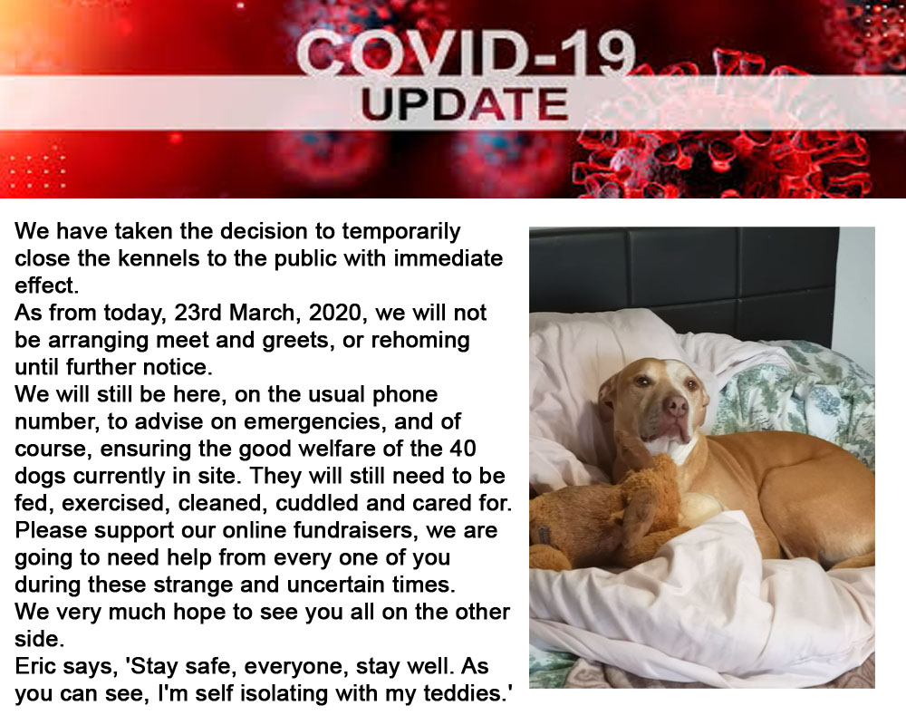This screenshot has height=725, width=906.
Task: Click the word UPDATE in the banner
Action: click(x=465, y=104)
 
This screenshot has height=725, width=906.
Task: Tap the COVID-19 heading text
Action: click(x=466, y=54)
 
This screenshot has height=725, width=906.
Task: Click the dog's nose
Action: click(x=675, y=406)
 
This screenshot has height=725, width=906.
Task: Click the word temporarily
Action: click(x=401, y=232)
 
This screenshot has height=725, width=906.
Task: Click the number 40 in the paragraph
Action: click(x=462, y=449)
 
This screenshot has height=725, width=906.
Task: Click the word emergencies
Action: click(x=313, y=422)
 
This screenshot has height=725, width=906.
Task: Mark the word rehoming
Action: click(x=420, y=341)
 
